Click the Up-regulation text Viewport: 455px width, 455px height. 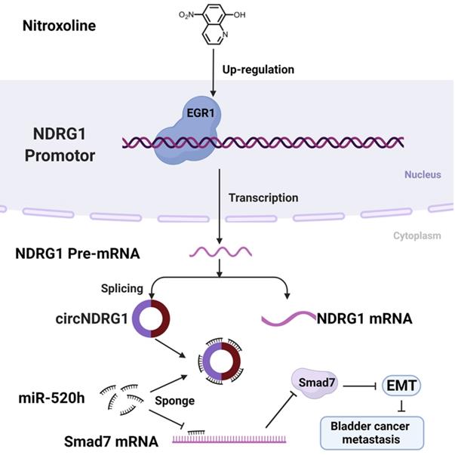[x=260, y=69]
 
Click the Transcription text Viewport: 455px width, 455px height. [x=263, y=198]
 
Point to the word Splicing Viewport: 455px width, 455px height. [x=121, y=288]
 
